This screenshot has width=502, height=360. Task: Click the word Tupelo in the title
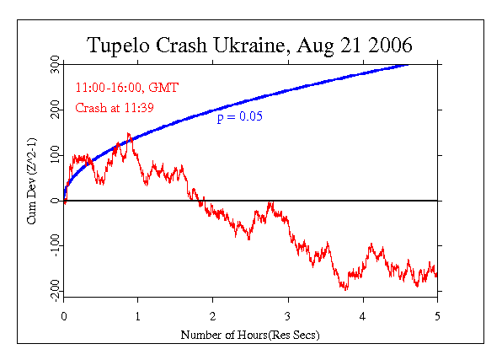coord(118,46)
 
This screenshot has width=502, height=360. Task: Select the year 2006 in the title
coord(390,45)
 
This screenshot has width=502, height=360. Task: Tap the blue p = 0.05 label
coord(240,116)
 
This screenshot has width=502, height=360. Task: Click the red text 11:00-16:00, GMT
coord(127,88)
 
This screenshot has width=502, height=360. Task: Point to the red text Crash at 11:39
coord(115,108)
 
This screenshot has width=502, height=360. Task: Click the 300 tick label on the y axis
coord(55,64)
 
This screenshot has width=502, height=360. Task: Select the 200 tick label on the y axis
coord(55,110)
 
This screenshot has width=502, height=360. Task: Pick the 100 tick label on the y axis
coord(55,155)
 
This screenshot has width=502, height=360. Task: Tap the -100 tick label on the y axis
coord(55,245)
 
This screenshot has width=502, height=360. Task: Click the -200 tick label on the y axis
coord(55,291)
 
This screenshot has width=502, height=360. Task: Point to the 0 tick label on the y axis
coord(55,201)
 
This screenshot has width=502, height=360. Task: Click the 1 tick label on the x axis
coord(138,316)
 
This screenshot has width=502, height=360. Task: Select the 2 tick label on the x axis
coord(213,316)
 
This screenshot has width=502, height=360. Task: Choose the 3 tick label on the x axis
coord(288,316)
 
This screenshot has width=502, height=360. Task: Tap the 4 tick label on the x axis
coord(363,316)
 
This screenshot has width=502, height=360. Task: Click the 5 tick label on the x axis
coord(437,316)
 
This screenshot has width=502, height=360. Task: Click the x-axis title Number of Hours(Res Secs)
coord(250,336)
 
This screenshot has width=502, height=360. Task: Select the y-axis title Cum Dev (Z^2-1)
coord(32,181)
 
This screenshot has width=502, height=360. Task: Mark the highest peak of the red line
coord(128,133)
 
